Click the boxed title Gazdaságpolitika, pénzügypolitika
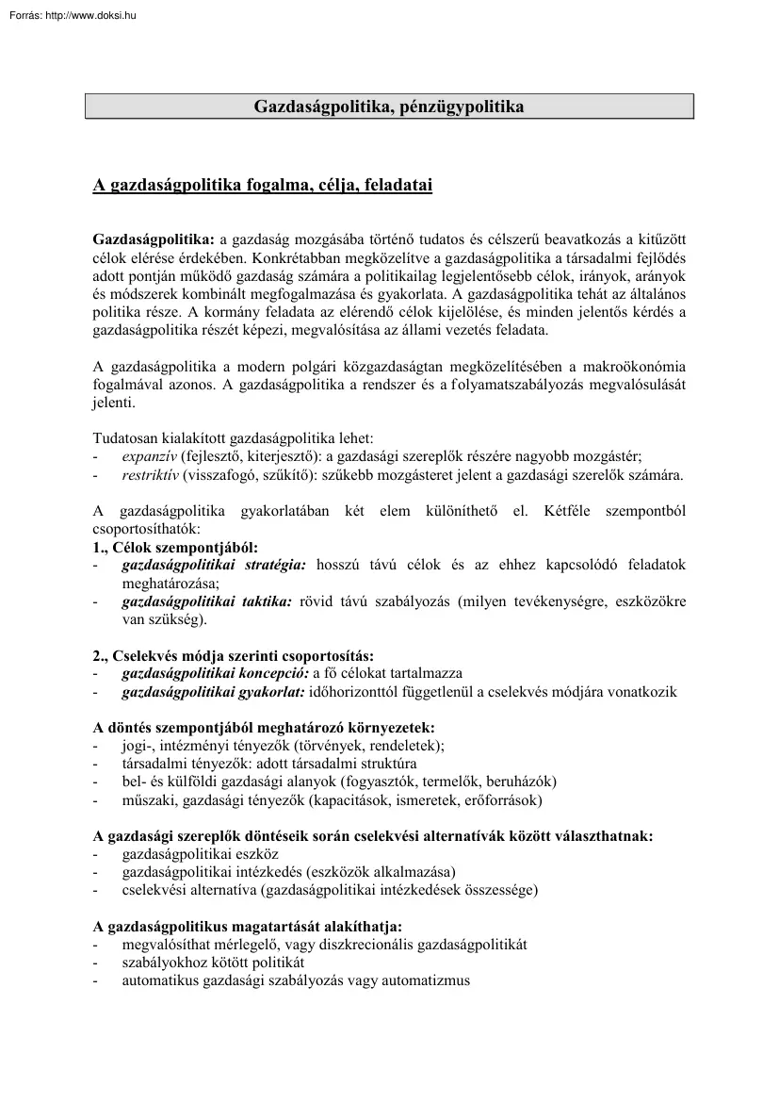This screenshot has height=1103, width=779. click(389, 107)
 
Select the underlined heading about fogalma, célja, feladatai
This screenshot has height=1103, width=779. click(262, 186)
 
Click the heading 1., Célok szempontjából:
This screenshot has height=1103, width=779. click(175, 547)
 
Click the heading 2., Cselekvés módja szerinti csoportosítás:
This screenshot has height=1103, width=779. click(233, 655)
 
